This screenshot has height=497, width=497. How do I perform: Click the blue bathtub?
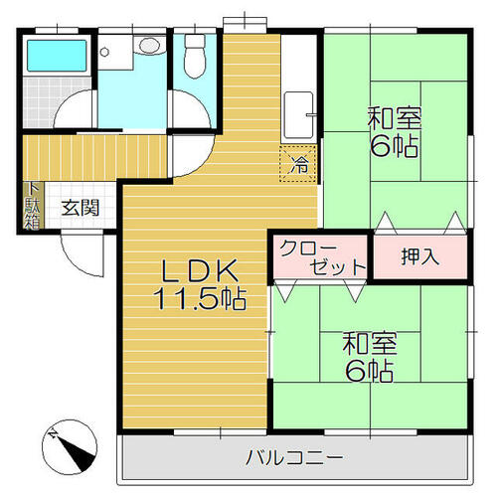pos(57,56)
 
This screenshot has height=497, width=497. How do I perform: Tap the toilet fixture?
pos(195,56)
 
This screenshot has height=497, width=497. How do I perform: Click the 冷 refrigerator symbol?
pos(298,164)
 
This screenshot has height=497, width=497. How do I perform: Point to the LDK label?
pos(200,270)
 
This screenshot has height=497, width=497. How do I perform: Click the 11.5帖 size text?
pos(200,299)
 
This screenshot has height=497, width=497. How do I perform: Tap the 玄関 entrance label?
pos(81,208)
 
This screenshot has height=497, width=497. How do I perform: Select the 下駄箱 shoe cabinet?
pos(33,206)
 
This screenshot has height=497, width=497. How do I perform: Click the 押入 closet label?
pos(420,256)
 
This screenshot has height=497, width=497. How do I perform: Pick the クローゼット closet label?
pos(322,256)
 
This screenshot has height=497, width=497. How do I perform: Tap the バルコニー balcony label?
pos(294,457)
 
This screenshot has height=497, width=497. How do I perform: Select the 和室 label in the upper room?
pos(394,119)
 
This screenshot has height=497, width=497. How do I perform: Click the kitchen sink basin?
pos(299,115)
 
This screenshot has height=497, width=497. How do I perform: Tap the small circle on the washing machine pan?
pos(104,52)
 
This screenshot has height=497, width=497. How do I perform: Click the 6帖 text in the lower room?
pos(370,371)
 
